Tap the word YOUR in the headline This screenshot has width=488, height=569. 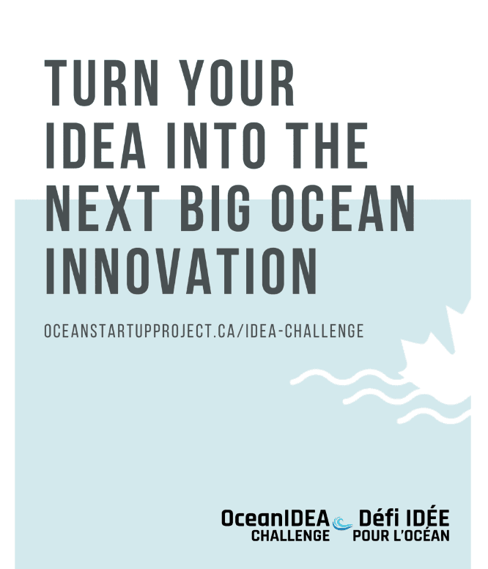[x=235, y=86]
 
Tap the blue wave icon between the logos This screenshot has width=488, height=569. [x=341, y=524]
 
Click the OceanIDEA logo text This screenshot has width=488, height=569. [x=275, y=518]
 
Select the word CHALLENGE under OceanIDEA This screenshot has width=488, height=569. [x=290, y=535]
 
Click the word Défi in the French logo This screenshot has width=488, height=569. [x=377, y=518]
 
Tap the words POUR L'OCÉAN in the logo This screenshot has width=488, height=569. [x=401, y=535]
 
